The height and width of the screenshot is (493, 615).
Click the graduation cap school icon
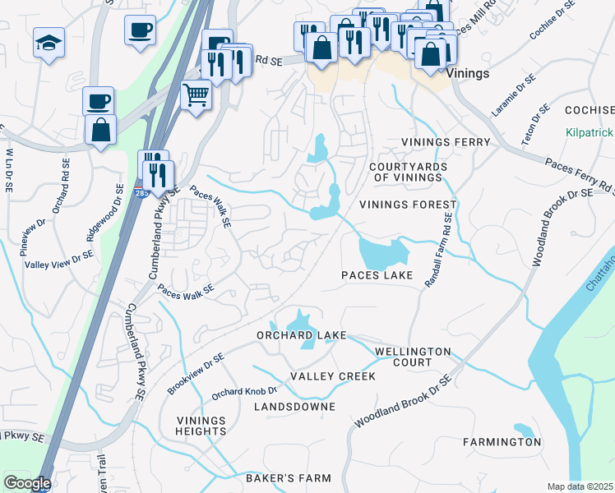49,42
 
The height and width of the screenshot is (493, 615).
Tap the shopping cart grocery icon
196,94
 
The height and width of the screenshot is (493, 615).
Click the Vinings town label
468,73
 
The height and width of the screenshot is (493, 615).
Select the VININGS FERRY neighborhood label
445,142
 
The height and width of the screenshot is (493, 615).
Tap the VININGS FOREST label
407,204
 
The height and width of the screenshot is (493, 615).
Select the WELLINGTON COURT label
413,357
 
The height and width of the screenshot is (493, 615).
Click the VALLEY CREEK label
333,376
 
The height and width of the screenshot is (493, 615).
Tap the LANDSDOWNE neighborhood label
294,407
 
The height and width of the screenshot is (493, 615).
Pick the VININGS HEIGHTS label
201,426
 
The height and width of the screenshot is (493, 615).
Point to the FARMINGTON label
502,442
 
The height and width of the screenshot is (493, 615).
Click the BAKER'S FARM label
288,478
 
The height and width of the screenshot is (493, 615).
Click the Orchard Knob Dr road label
244,393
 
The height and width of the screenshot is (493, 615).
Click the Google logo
26,483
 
